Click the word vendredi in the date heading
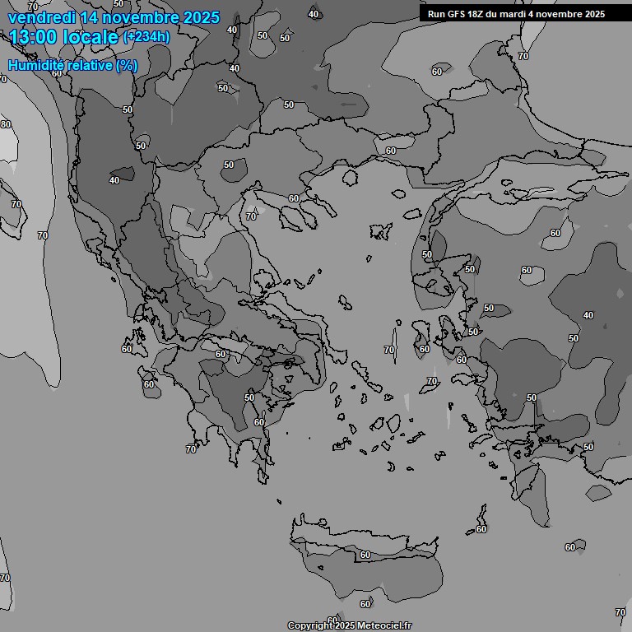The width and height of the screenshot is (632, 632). pyautogui.click(x=41, y=17)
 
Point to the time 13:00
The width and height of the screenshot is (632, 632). pyautogui.click(x=35, y=37)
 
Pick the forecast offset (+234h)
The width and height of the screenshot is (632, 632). pyautogui.click(x=146, y=37)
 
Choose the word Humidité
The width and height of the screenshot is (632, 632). pyautogui.click(x=35, y=65)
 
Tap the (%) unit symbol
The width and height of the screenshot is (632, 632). pyautogui.click(x=127, y=65)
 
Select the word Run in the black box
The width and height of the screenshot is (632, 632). pyautogui.click(x=436, y=14)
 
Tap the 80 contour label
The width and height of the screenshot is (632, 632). pyautogui.click(x=6, y=124)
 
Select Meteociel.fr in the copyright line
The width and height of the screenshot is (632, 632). pyautogui.click(x=383, y=626)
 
